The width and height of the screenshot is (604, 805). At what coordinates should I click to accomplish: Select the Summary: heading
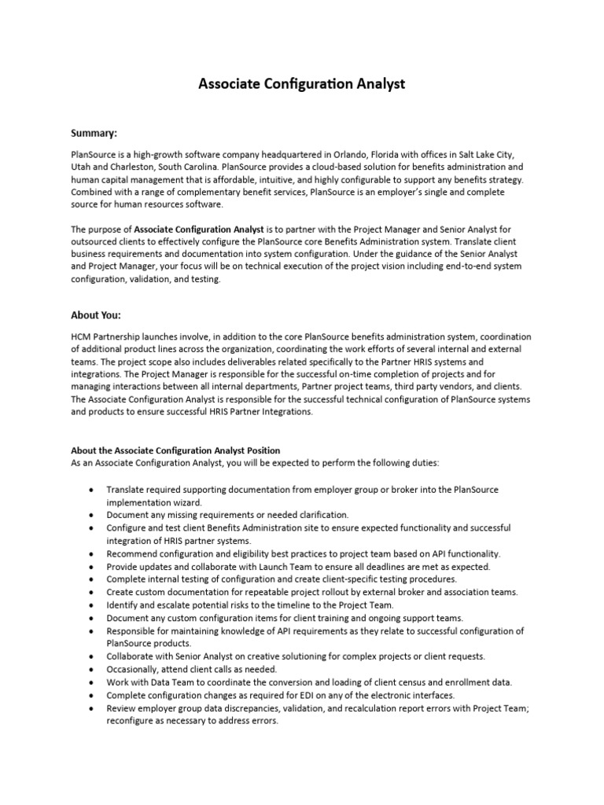pyautogui.click(x=95, y=133)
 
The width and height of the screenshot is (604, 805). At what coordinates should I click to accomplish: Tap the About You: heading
pyautogui.click(x=97, y=315)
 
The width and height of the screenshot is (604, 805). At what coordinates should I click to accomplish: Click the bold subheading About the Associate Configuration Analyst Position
pyautogui.click(x=175, y=450)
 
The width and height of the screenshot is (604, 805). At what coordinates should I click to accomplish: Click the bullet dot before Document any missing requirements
pyautogui.click(x=93, y=514)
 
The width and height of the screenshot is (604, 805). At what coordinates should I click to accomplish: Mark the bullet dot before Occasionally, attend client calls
pyautogui.click(x=93, y=669)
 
